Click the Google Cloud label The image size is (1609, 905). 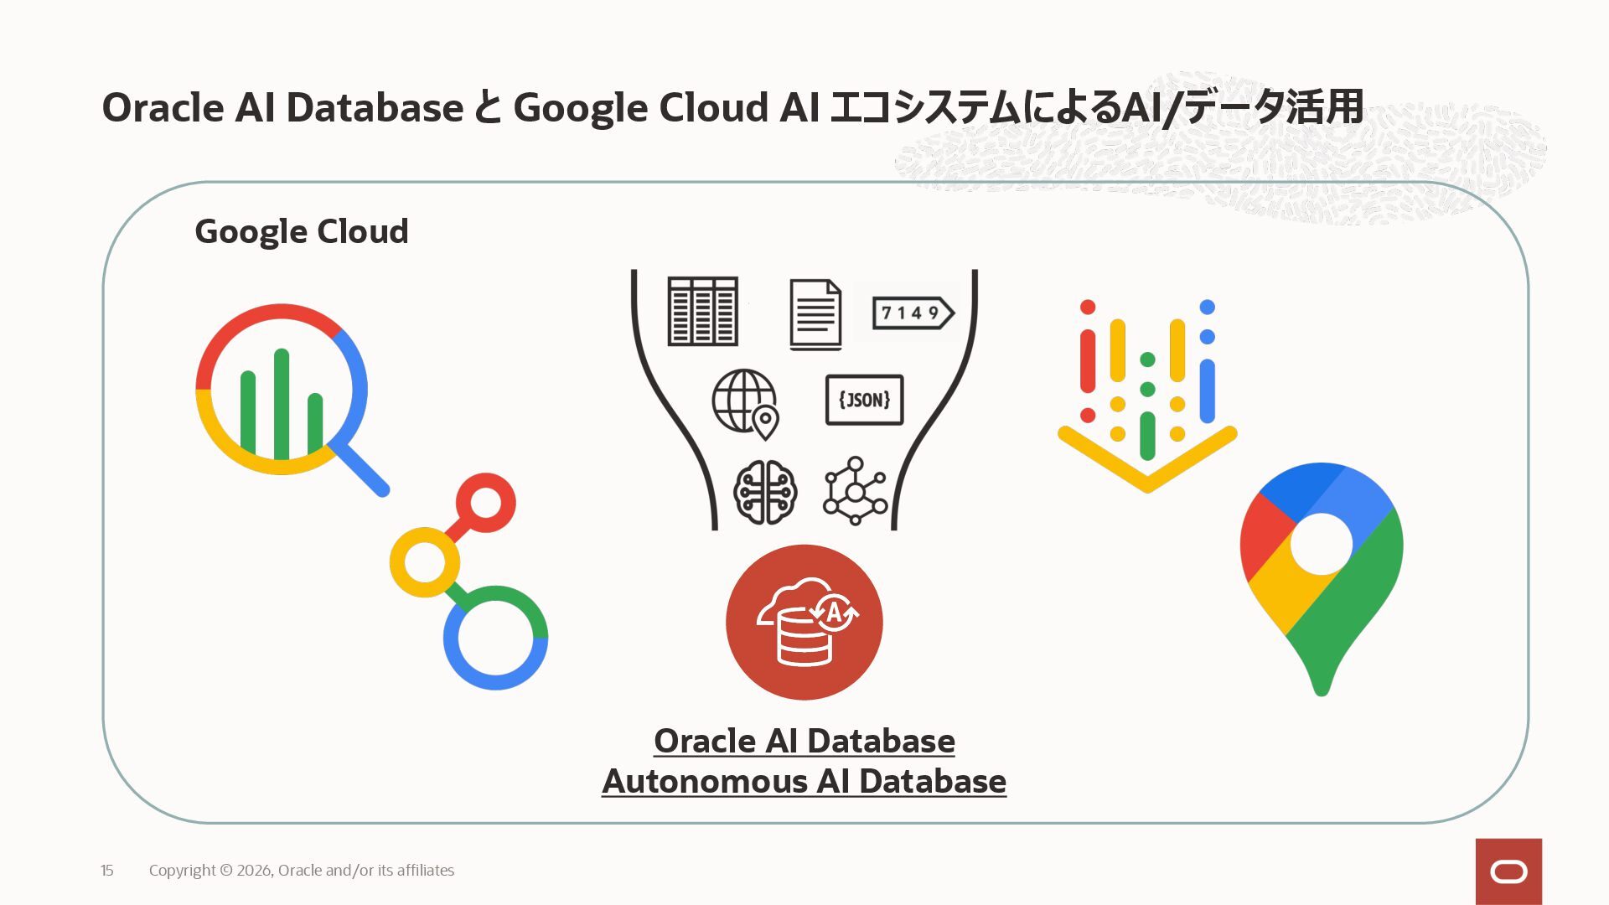click(x=302, y=231)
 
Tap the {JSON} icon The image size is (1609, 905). click(x=864, y=400)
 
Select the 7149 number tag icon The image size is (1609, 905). click(x=912, y=313)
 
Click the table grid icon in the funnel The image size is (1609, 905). click(x=702, y=311)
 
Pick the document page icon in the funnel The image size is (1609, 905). click(x=815, y=314)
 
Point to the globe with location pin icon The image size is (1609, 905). click(x=746, y=403)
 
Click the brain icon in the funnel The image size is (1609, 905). click(x=764, y=492)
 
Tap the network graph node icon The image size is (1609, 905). click(x=855, y=491)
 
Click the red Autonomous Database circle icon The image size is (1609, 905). click(x=804, y=622)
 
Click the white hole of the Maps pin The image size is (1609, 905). click(x=1321, y=544)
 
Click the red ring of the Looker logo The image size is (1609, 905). click(x=486, y=503)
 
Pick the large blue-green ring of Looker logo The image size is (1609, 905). click(x=495, y=638)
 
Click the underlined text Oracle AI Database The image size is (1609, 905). click(x=804, y=741)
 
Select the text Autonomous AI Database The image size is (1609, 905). click(x=804, y=781)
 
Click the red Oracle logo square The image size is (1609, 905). click(x=1508, y=871)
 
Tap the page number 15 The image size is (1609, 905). click(x=107, y=871)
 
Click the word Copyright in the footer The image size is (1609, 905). click(x=183, y=871)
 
